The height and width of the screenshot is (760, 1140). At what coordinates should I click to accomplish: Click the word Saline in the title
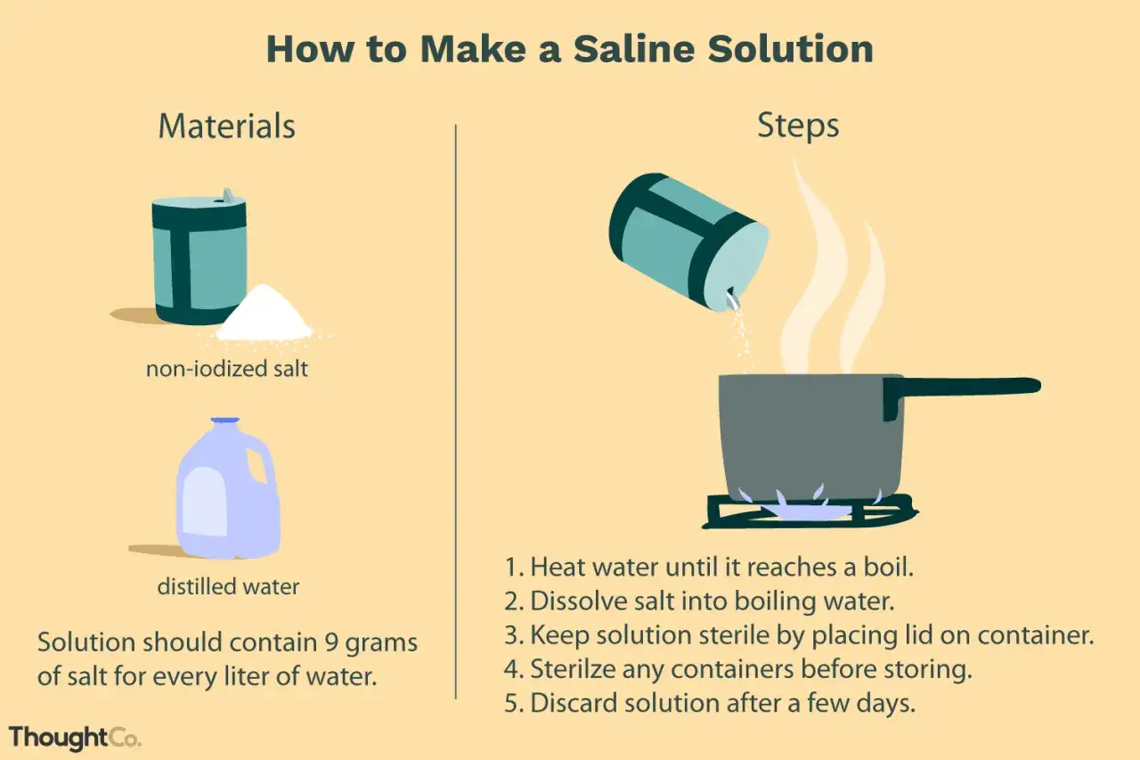(633, 49)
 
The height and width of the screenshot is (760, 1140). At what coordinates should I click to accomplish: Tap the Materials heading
(227, 126)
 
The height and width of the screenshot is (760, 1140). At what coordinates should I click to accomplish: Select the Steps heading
(798, 126)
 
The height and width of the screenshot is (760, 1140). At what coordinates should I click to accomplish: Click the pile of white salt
(264, 313)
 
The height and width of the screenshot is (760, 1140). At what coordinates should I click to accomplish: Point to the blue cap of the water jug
(225, 421)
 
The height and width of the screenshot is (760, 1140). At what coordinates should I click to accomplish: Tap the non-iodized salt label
(227, 369)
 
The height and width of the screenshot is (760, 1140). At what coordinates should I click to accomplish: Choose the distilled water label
(228, 586)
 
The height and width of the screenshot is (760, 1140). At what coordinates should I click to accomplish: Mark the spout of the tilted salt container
(733, 298)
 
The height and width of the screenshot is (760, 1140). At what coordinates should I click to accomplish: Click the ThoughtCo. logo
(75, 738)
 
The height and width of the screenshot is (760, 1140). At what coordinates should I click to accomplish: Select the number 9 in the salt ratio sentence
(331, 642)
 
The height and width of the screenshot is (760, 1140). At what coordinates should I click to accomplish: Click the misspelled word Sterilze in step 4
(573, 669)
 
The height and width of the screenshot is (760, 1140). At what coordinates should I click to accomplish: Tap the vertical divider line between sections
(455, 412)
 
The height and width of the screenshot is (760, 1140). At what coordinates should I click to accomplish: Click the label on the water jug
(205, 502)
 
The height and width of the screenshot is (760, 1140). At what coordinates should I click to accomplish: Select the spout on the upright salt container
(227, 195)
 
